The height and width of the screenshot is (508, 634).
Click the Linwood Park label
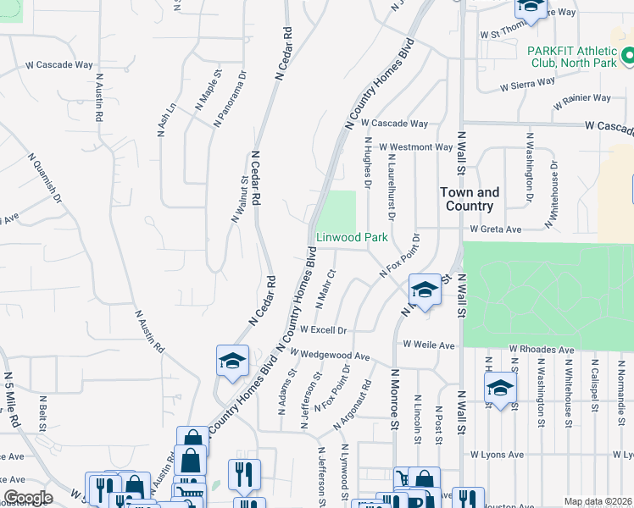352,238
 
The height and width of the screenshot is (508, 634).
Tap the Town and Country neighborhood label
469,199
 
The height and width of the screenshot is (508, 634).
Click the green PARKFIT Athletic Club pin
628,57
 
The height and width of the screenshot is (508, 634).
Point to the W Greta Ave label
497,229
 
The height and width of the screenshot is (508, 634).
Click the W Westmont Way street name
415,146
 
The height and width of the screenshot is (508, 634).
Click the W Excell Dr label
324,329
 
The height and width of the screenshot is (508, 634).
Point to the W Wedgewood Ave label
331,356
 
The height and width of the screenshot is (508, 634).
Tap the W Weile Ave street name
429,345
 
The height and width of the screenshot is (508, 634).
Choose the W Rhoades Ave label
541,349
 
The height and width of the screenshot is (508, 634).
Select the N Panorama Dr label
230,98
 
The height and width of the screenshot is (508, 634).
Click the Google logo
27,498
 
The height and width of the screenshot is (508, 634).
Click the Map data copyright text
598,501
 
